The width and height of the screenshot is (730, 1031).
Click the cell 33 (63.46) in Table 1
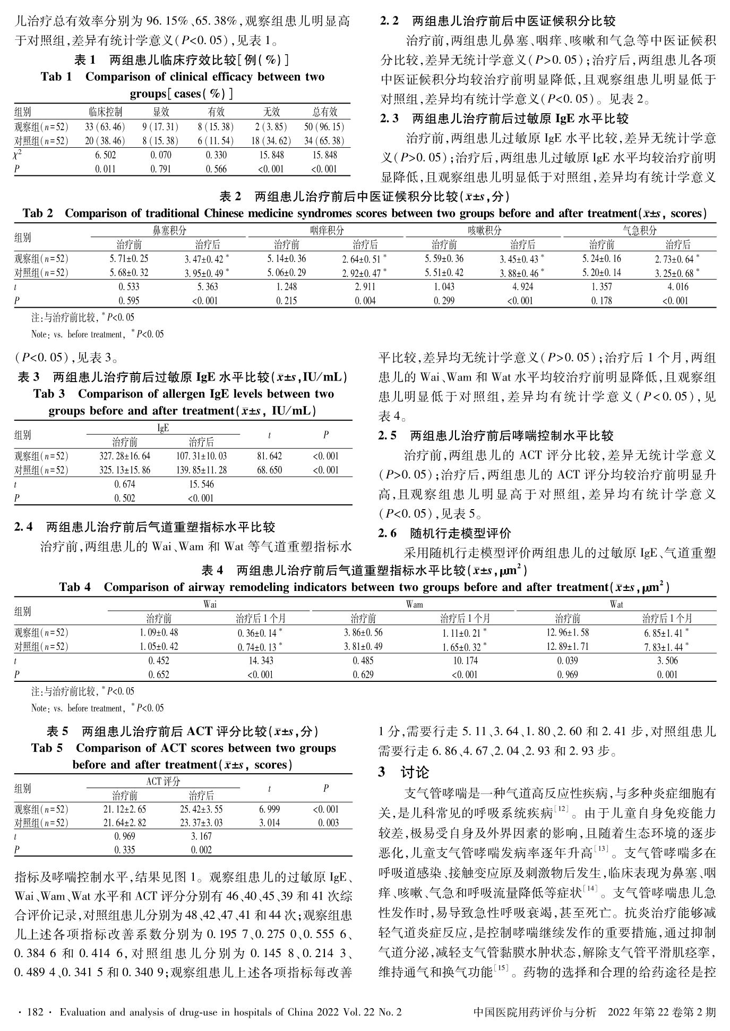tap(105, 127)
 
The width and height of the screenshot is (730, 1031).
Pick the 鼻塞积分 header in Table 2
tap(169, 231)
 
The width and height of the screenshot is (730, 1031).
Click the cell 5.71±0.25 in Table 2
tap(129, 259)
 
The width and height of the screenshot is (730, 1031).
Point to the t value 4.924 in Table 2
tap(522, 287)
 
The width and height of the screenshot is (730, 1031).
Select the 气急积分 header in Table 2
tap(639, 231)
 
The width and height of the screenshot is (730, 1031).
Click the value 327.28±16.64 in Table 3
tap(125, 457)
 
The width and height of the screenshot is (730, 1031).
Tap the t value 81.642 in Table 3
tap(269, 457)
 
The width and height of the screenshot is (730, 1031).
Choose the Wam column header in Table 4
tap(415, 605)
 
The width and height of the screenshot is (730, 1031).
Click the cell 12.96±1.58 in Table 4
tap(568, 633)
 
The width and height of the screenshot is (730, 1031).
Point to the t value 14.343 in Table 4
tap(260, 661)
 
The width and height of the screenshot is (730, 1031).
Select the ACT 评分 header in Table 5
tap(163, 782)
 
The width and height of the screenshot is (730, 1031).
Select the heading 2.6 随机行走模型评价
tap(444, 533)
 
